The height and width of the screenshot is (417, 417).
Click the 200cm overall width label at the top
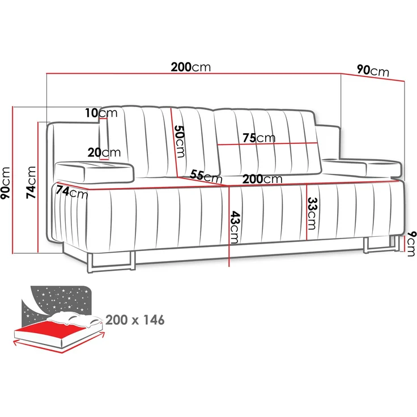pos(191,67)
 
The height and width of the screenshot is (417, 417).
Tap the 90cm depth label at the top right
pos(373,71)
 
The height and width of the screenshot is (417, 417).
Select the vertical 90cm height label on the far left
pos(6,182)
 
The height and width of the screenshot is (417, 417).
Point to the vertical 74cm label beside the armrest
pos(31,182)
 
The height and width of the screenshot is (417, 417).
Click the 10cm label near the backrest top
pos(101,113)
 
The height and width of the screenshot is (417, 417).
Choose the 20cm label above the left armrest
pos(104,152)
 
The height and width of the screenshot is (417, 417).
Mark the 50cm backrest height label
pos(180,141)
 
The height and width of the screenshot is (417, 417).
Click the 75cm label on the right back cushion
pos(259,138)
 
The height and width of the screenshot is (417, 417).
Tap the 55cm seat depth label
pos(206,176)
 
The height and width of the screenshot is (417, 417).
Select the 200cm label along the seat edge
pos(262,179)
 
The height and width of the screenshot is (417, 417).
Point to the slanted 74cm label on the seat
pos(72,192)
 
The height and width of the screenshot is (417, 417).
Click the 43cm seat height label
pos(235,227)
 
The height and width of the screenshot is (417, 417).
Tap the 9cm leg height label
pos(411,244)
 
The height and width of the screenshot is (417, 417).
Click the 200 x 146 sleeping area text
pos(135,320)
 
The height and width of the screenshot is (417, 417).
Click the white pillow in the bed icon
pos(74,318)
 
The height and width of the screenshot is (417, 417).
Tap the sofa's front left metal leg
pos(110,264)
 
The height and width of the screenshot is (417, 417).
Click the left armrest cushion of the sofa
pos(94,172)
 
